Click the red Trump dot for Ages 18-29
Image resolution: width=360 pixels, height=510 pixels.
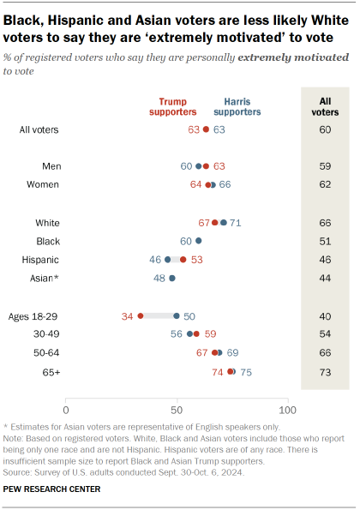tap(141, 315)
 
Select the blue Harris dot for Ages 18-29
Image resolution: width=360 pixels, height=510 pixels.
tap(177, 315)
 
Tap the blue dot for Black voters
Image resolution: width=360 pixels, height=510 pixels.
tap(199, 241)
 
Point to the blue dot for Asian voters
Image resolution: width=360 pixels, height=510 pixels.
tap(172, 278)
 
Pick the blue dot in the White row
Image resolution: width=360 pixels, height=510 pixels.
tap(224, 222)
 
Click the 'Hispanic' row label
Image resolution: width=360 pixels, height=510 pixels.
tap(41, 259)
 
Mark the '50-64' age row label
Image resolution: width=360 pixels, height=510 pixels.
tap(45, 352)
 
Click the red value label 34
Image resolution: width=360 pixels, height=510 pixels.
tap(128, 315)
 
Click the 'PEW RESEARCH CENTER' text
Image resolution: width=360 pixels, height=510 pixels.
tap(51, 489)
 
